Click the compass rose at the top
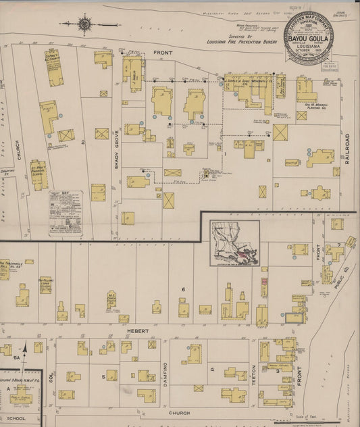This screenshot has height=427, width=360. [84, 25]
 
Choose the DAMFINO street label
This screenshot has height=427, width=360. [164, 375]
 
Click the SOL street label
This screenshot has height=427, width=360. [49, 375]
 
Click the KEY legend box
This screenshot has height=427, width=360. [65, 212]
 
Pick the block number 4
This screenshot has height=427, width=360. [212, 370]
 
